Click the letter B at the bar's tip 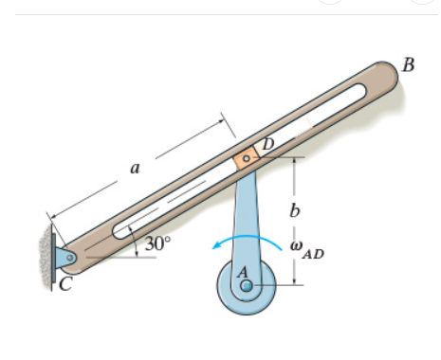coord(409,65)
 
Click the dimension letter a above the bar coord(134,169)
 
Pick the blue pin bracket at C coord(65,257)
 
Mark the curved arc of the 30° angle coord(138,243)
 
